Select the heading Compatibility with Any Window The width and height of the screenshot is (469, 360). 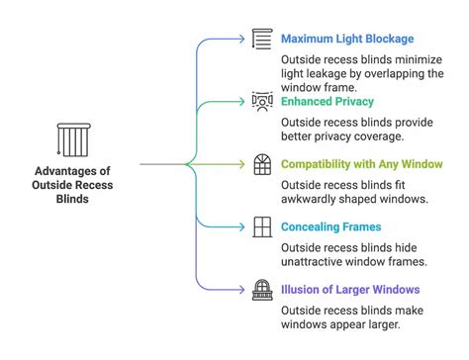(363, 164)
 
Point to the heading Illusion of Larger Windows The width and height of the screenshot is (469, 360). (350, 289)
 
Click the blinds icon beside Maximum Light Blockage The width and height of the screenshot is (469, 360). (262, 40)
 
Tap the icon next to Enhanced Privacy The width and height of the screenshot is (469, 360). (262, 102)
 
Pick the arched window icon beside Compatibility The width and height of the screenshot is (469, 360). (262, 164)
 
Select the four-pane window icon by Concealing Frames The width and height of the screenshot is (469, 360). (262, 226)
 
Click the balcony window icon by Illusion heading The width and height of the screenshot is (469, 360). (262, 289)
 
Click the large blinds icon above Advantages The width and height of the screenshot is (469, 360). (73, 140)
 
